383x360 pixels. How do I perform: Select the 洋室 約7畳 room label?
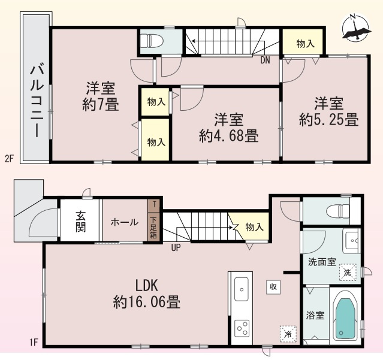point(100,96)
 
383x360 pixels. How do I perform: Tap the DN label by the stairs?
point(265,60)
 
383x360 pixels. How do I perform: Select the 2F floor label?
point(8,159)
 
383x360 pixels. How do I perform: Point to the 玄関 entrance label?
point(80,222)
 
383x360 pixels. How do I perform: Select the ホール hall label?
point(125,222)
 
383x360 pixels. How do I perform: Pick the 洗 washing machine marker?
point(347,273)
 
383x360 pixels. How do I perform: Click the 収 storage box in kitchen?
point(272,287)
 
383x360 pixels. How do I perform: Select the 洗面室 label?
point(321,262)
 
